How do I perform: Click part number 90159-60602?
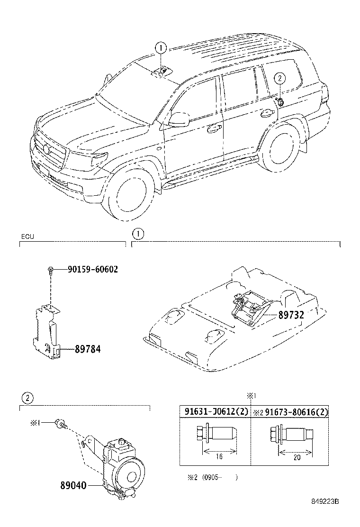[92, 269]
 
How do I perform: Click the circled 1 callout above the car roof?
[161, 48]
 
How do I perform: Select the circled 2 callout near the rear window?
[279, 79]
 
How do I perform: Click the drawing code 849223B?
[328, 514]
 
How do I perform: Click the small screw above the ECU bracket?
[50, 271]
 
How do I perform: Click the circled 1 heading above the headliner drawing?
[136, 233]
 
